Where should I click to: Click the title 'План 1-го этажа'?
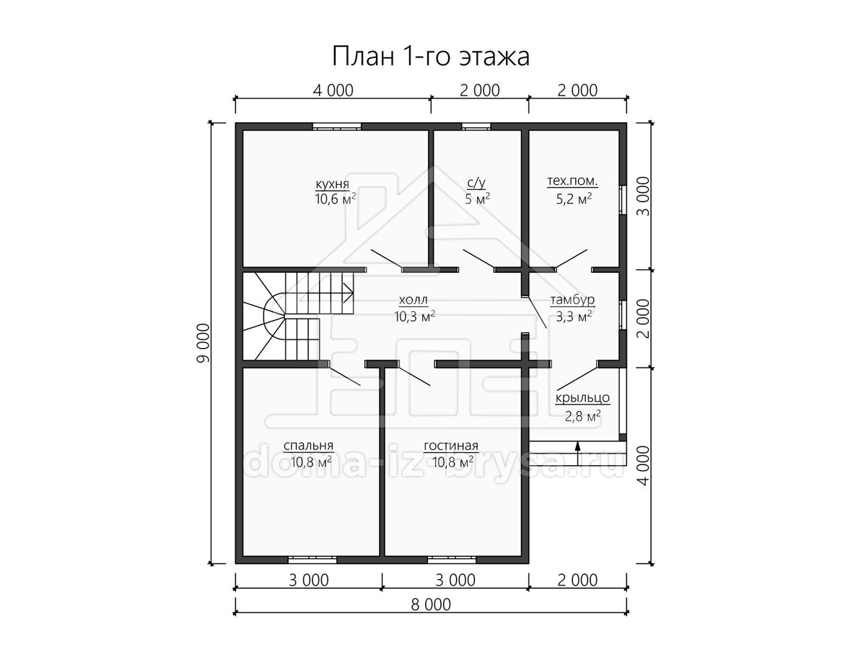coord(430,56)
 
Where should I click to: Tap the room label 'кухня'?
coord(332,184)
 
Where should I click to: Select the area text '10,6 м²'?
coord(336,199)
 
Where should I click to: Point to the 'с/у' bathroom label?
coord(476,183)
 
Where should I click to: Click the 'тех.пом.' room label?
coord(572,181)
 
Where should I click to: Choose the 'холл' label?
coord(413,300)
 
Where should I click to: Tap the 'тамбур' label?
coord(572,300)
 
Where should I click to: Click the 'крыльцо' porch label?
coord(582,398)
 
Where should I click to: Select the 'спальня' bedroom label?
coord(309,446)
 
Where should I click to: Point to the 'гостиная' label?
coord(451,446)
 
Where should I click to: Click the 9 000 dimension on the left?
coord(204,342)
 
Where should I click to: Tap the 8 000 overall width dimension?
coord(431,604)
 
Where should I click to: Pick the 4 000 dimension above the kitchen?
coord(333,91)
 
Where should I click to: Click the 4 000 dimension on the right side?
coord(644,466)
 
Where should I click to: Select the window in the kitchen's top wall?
coord(337,126)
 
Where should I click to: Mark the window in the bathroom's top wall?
coord(476,126)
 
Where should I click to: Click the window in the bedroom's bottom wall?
coord(312,560)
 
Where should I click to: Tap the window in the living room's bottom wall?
coord(452,560)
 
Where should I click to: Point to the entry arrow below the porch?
coord(577,454)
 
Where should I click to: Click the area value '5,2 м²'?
coord(574,199)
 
